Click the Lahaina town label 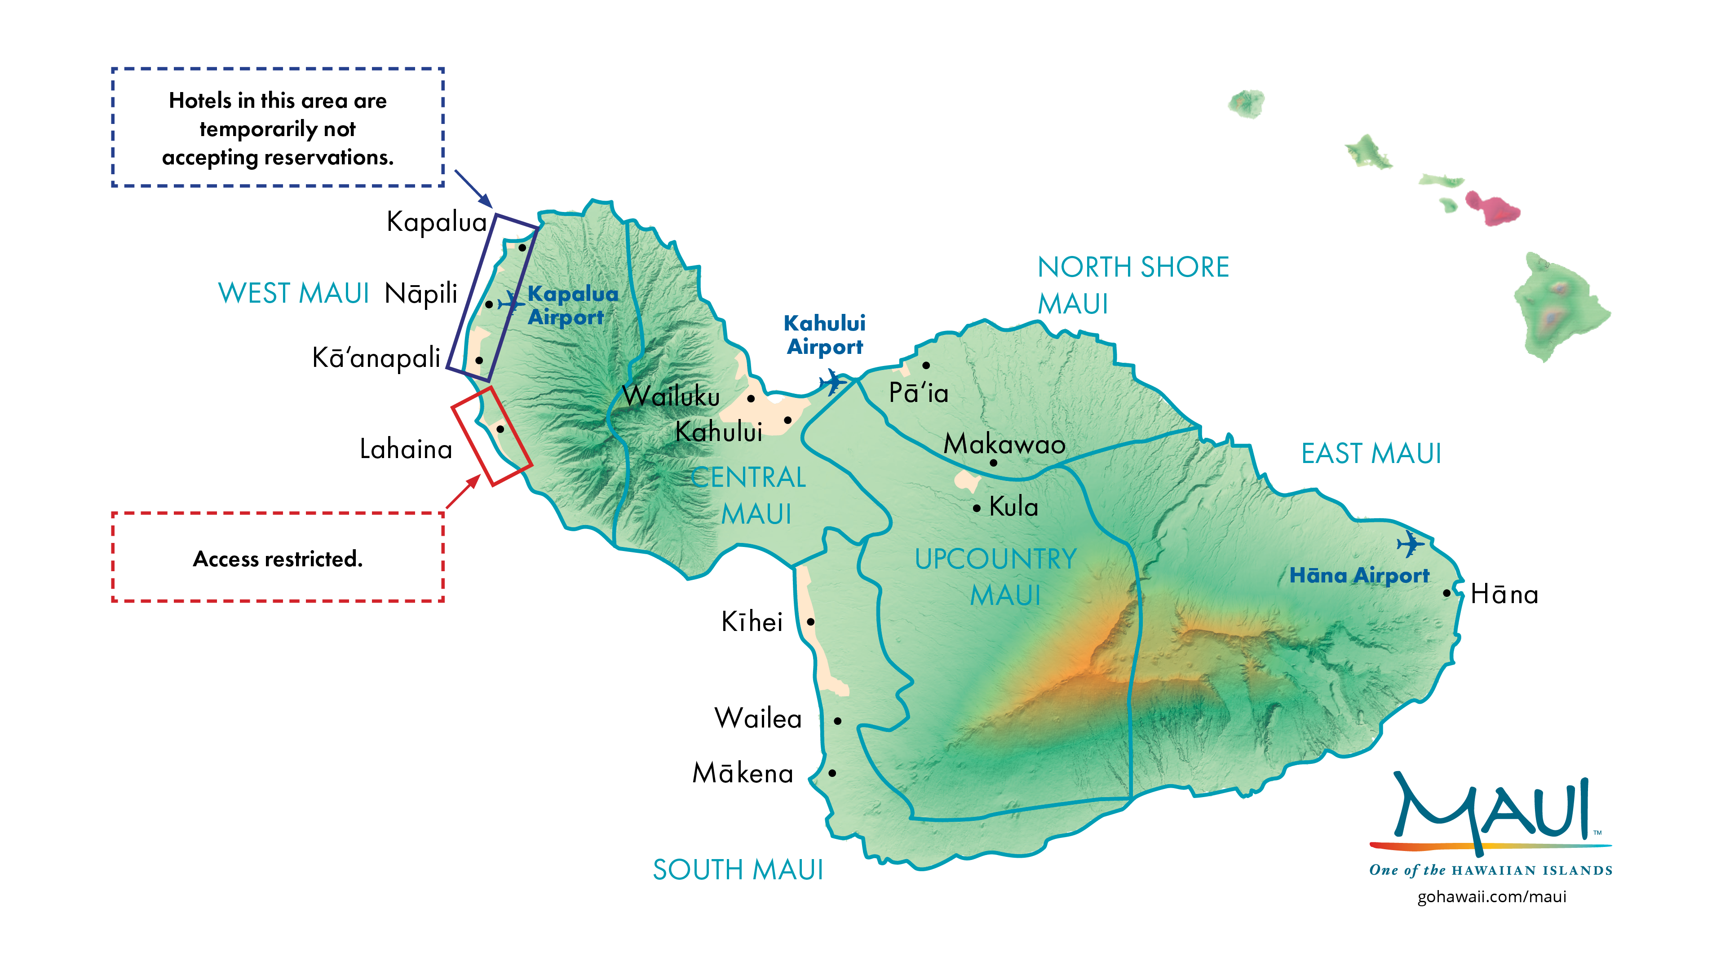click(406, 449)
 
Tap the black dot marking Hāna click(1446, 593)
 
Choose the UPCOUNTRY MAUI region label click(996, 576)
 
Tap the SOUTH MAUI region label click(737, 869)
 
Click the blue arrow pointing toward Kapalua click(474, 189)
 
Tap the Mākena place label click(743, 773)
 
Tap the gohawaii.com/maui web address click(1491, 896)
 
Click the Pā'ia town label click(918, 393)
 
